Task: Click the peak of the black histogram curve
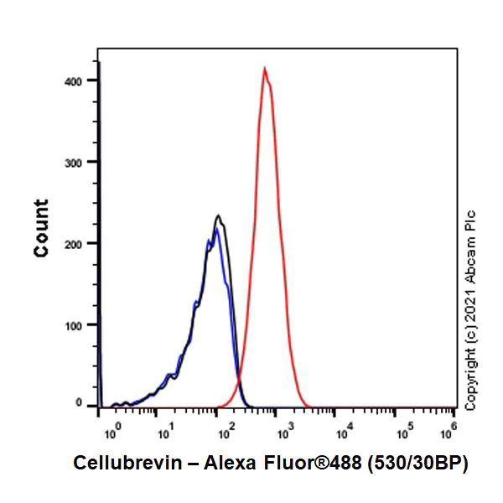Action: [218, 216]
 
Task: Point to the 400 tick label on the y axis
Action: [80, 80]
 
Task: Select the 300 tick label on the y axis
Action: [80, 162]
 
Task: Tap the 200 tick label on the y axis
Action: [80, 243]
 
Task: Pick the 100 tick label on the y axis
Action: [80, 324]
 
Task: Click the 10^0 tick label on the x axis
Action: [111, 433]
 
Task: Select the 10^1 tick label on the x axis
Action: [167, 433]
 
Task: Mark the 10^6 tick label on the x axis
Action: [452, 433]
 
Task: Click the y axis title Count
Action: [41, 227]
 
